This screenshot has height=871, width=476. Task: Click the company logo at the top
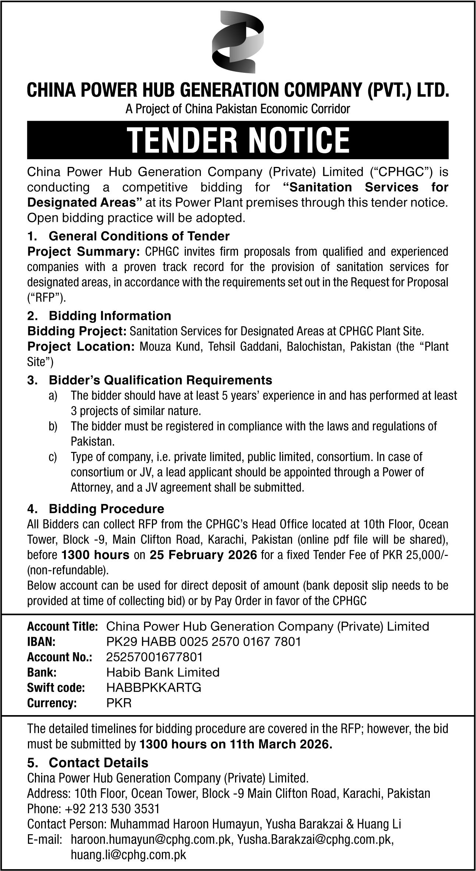click(x=238, y=42)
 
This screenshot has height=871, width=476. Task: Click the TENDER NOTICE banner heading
click(x=238, y=140)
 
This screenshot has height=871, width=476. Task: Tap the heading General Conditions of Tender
click(x=139, y=236)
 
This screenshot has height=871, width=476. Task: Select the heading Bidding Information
click(x=110, y=315)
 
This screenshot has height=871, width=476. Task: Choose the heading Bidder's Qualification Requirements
click(x=160, y=379)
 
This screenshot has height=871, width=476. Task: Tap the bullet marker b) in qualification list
click(x=53, y=426)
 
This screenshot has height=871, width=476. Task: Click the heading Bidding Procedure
click(x=106, y=509)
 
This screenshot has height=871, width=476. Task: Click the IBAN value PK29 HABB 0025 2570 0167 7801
click(x=203, y=642)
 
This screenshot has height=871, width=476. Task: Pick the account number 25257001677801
click(x=154, y=657)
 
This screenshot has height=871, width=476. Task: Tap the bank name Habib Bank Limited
click(x=163, y=672)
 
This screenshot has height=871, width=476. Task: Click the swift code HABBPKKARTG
click(x=154, y=688)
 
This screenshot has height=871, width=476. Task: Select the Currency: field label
click(x=52, y=703)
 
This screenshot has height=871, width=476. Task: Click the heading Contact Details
click(x=99, y=763)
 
